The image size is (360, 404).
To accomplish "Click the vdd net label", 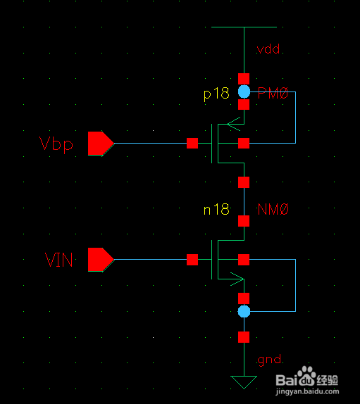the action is pos(268,49).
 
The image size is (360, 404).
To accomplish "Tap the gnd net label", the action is pos(269,360).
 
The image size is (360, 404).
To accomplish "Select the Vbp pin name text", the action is pos(56,144).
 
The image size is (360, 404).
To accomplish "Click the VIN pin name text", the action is pos(58,260).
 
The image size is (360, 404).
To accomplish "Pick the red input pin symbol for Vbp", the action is pos(101,144).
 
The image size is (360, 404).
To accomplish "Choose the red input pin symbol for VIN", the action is pos(101,260).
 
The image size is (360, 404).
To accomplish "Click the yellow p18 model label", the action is pos(216,94).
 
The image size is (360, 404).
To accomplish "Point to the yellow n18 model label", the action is pos(216,209).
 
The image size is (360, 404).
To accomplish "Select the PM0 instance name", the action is pos(273,93).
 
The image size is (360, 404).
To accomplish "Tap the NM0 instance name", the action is pos(273,209).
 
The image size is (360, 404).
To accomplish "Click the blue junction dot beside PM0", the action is pos(244,91).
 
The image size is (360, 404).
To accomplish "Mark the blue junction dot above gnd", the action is pos(244,312).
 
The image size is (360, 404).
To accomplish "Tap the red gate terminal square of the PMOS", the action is pos(192,144).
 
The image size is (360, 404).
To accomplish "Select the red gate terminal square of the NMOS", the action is pos(192,260).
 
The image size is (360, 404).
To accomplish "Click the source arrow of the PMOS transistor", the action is pos(234,124).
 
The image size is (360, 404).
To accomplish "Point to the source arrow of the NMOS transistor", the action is pos(237,279).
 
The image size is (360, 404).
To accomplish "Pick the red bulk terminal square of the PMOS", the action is pos(244,144).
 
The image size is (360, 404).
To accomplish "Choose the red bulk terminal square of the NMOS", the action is pos(244,260).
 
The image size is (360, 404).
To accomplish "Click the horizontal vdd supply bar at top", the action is pos(244,27).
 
